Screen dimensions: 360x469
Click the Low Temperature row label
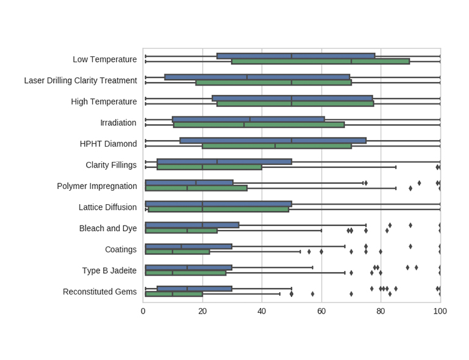(x=104, y=59)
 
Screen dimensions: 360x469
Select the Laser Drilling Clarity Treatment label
(x=80, y=81)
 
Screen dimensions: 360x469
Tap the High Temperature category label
(x=104, y=101)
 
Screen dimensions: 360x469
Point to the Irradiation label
(x=118, y=123)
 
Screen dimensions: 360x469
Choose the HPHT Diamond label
(x=108, y=144)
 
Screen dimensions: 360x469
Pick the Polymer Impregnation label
(x=96, y=186)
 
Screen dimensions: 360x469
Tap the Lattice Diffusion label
(x=107, y=207)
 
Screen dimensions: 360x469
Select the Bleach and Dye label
(x=108, y=228)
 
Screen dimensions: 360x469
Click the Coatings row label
(x=118, y=249)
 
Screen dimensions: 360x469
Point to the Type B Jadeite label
(x=109, y=270)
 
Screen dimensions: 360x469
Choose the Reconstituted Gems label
(x=100, y=292)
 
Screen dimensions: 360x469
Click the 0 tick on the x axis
(x=143, y=311)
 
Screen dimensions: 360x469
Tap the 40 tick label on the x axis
(x=262, y=311)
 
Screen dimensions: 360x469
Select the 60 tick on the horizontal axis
(x=321, y=311)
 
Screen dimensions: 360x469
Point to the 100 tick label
(x=440, y=311)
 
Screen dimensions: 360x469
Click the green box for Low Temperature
(x=320, y=61)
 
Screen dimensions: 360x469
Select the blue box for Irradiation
(x=248, y=119)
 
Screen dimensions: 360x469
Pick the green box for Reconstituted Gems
(x=174, y=294)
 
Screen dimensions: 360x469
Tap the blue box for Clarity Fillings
(x=224, y=162)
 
